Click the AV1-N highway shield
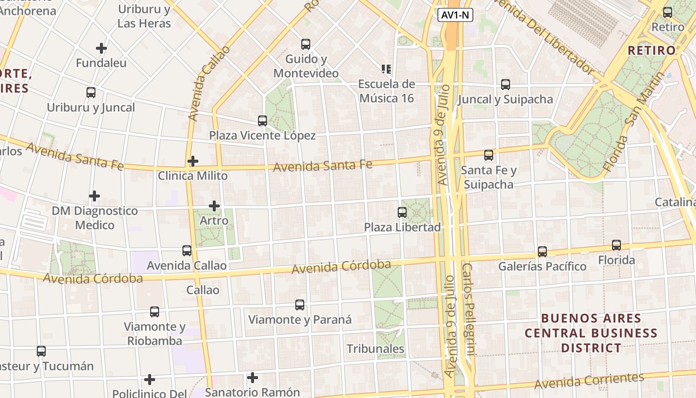pos(455,15)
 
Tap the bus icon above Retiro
pos(668,12)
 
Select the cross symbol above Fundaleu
pos(101,48)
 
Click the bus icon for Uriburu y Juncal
pos(91,93)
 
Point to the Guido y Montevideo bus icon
pos(306,44)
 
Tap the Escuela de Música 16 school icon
pos(386,69)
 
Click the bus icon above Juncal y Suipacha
pos(506,85)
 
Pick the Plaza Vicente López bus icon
pos(262,121)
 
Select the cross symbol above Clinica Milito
pos(193,161)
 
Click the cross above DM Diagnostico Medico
pos(94,196)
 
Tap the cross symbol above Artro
pos(214,205)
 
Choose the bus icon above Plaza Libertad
pos(402,212)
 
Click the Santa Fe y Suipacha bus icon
pos(489,155)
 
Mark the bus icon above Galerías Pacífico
pos(542,252)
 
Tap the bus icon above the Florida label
pos(616,245)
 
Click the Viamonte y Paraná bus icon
pos(300,305)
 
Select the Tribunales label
pos(375,349)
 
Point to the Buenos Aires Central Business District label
pos(591,333)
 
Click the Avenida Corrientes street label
pos(589,381)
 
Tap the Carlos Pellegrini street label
pos(469,308)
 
